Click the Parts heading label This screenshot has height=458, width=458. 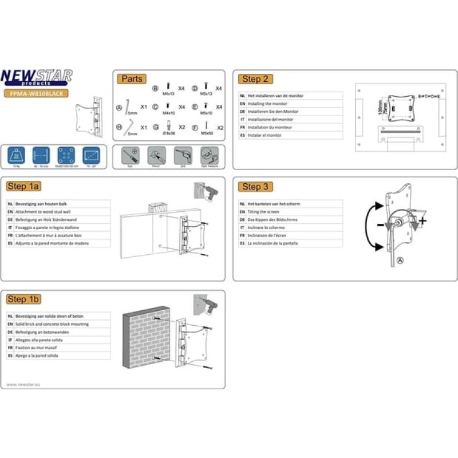pyautogui.click(x=131, y=79)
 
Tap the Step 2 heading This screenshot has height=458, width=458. pyautogui.click(x=255, y=79)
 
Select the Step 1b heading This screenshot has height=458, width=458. pyautogui.click(x=23, y=299)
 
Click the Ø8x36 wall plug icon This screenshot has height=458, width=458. pyautogui.click(x=168, y=125)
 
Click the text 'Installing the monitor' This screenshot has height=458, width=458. pyautogui.click(x=263, y=104)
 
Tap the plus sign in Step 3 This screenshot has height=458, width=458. pyautogui.click(x=423, y=220)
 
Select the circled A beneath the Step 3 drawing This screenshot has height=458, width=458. pyautogui.click(x=400, y=259)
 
